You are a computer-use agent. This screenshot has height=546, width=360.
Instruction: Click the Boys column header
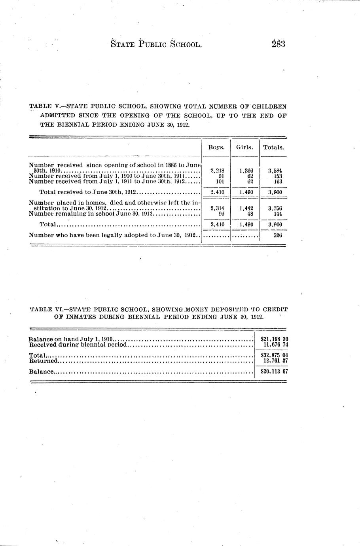pyautogui.click(x=216, y=147)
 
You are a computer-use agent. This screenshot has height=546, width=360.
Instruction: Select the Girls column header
pyautogui.click(x=244, y=147)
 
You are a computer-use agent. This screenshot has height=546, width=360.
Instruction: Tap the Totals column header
pyautogui.click(x=273, y=147)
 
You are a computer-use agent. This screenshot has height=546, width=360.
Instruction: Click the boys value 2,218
pyautogui.click(x=217, y=171)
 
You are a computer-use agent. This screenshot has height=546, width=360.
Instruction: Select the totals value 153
pyautogui.click(x=278, y=176)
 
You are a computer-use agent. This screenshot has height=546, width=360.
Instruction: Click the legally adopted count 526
pyautogui.click(x=278, y=235)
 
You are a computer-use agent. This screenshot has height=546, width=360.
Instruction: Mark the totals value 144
pyautogui.click(x=278, y=214)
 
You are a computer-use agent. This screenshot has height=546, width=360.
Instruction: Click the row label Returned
pyautogui.click(x=44, y=361)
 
